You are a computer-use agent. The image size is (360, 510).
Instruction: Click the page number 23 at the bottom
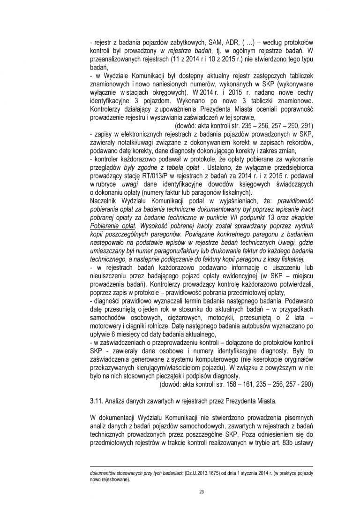coord(201,491)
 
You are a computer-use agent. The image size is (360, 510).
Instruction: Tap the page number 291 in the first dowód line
coord(308,127)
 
